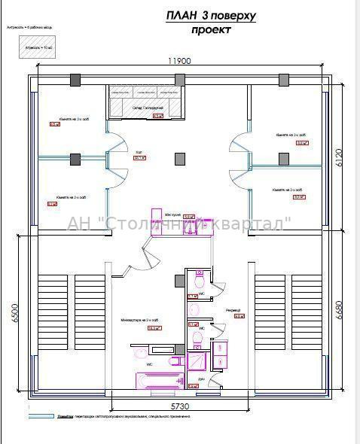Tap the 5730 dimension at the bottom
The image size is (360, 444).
click(179, 406)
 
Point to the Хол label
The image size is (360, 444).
click(139, 152)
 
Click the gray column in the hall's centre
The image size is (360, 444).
click(179, 158)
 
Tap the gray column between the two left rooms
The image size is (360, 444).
click(75, 158)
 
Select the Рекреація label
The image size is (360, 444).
click(233, 310)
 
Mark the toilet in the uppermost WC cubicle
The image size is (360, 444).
click(198, 281)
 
